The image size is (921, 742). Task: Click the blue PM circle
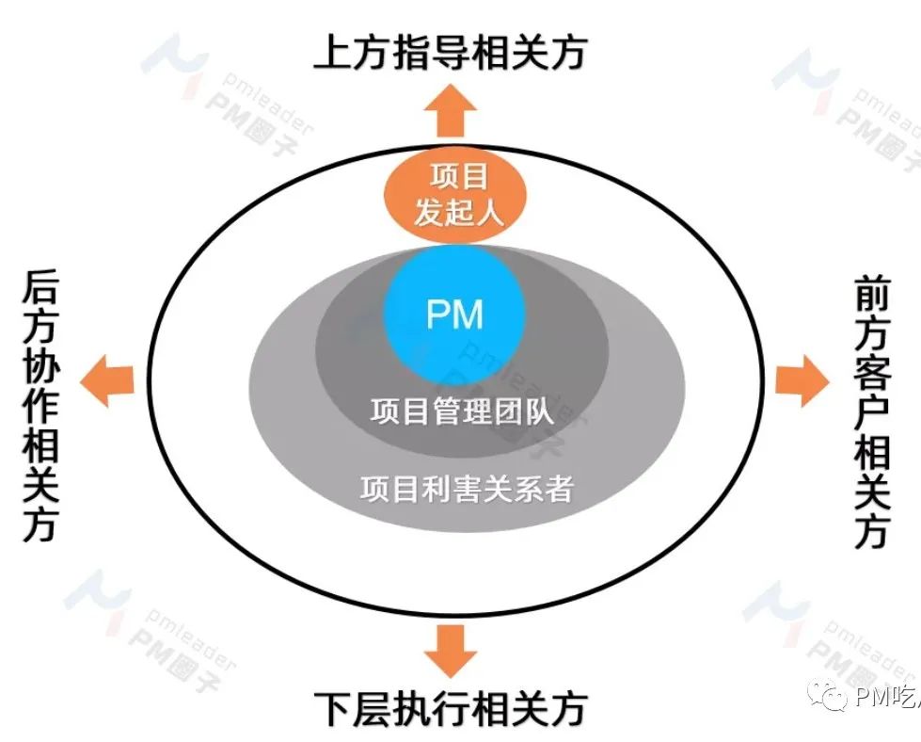pos(455,314)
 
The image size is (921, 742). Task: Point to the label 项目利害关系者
pos(467,489)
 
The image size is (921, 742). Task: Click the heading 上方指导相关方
pos(450,53)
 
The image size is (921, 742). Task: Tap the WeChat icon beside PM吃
pos(832,697)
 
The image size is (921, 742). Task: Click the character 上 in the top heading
pos(333,53)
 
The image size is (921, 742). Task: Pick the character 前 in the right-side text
pos(871,295)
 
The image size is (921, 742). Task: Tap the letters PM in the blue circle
pos(455,314)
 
